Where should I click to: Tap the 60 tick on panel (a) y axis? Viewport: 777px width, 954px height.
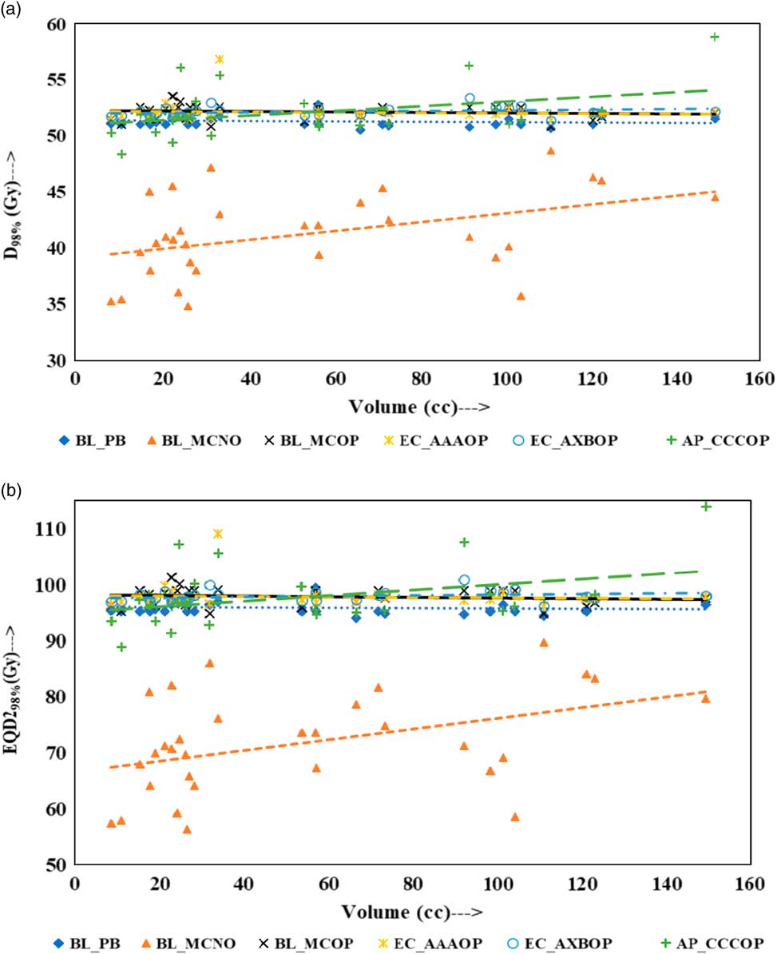point(56,25)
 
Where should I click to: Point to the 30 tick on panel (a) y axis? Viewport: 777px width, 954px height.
point(56,361)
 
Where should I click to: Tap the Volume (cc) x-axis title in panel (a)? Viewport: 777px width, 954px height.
point(418,407)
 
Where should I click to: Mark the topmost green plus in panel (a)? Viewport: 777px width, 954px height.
point(716,37)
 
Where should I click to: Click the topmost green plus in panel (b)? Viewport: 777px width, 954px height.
point(706,507)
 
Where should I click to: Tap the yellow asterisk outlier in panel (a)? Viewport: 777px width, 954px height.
point(220,59)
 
